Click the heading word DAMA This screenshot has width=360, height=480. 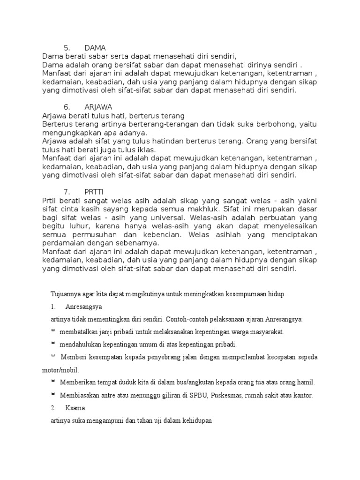[x=95, y=48]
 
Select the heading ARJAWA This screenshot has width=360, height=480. [x=98, y=107]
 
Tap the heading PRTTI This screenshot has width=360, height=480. [x=94, y=192]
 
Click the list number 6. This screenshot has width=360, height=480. [x=66, y=107]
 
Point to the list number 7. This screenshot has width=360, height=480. [x=66, y=192]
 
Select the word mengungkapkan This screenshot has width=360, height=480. [x=67, y=133]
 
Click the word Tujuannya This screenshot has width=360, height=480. [x=65, y=294]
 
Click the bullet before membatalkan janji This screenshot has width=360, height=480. [x=53, y=330]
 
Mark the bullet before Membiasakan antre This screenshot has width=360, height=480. [x=53, y=394]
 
